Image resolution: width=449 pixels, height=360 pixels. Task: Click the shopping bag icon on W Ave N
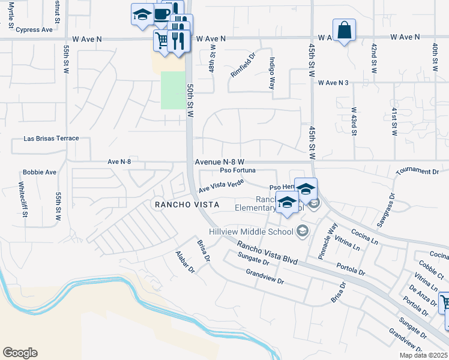tap(344, 30)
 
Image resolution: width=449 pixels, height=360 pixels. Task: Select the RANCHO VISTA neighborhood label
tap(185, 205)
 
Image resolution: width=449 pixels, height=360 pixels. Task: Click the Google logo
tap(20, 353)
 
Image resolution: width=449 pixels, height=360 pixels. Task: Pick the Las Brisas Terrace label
tap(51, 139)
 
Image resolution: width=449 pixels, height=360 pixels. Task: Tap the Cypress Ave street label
tap(34, 30)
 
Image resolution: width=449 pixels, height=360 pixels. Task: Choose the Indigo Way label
tap(273, 73)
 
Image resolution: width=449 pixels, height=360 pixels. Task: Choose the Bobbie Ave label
tap(40, 172)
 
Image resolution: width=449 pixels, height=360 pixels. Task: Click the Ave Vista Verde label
tap(221, 185)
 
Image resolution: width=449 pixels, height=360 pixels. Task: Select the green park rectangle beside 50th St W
tap(172, 90)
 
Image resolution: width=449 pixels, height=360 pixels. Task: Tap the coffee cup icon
tap(161, 14)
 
